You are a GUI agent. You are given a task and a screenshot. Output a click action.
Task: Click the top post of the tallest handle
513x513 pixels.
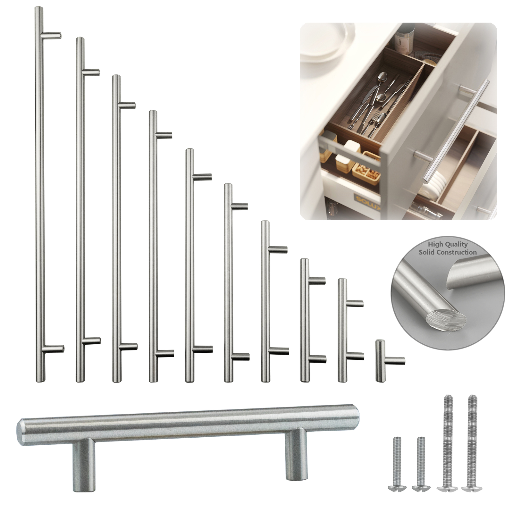tap(52, 35)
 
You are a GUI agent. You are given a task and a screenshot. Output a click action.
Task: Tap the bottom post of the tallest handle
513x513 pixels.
tap(54, 349)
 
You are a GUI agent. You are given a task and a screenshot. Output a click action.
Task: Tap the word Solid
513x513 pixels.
tap(426, 252)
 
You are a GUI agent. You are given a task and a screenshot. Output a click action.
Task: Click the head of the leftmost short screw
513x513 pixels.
tap(397, 488)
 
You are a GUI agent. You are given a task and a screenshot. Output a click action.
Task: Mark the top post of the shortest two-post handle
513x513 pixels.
tap(355, 303)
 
